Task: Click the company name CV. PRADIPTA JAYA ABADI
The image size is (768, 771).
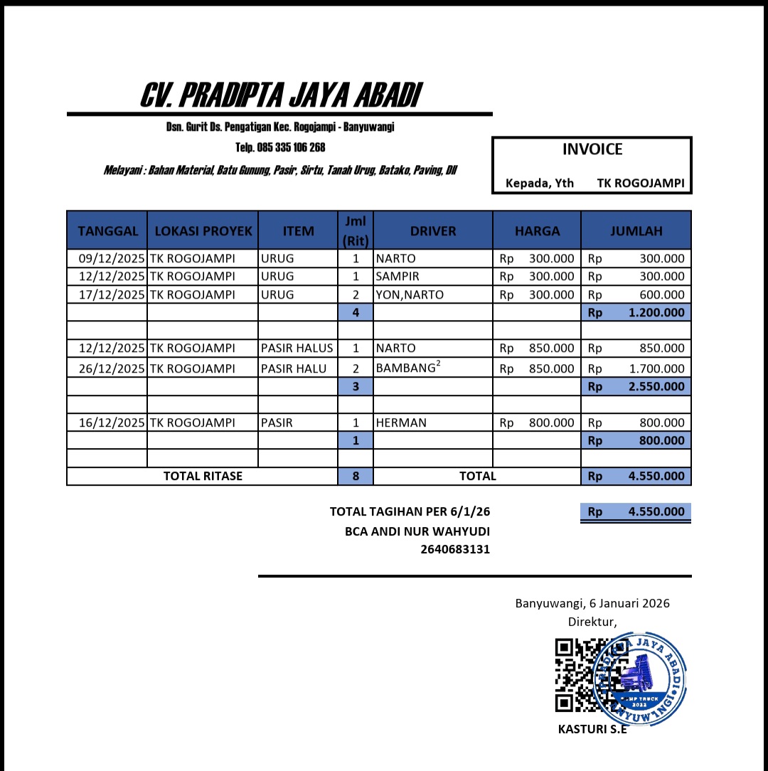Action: pos(280,95)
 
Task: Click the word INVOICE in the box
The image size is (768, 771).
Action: pos(592,149)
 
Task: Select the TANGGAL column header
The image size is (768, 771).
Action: pos(107,230)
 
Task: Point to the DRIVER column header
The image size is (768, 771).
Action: pos(432,230)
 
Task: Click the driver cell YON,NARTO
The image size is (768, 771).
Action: pos(410,294)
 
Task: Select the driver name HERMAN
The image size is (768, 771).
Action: pos(401,422)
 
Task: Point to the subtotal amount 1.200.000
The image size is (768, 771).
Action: pos(656,312)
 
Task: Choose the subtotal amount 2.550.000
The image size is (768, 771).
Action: pos(656,387)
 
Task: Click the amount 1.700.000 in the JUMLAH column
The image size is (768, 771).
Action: pos(656,368)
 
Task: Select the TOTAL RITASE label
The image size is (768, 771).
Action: pos(203,476)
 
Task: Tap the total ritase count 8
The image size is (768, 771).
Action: pos(356,476)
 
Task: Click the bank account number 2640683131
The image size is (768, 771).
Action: pos(454,549)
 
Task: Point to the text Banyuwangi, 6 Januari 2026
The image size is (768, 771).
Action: pos(592,603)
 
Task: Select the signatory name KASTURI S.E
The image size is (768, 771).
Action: pos(592,729)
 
